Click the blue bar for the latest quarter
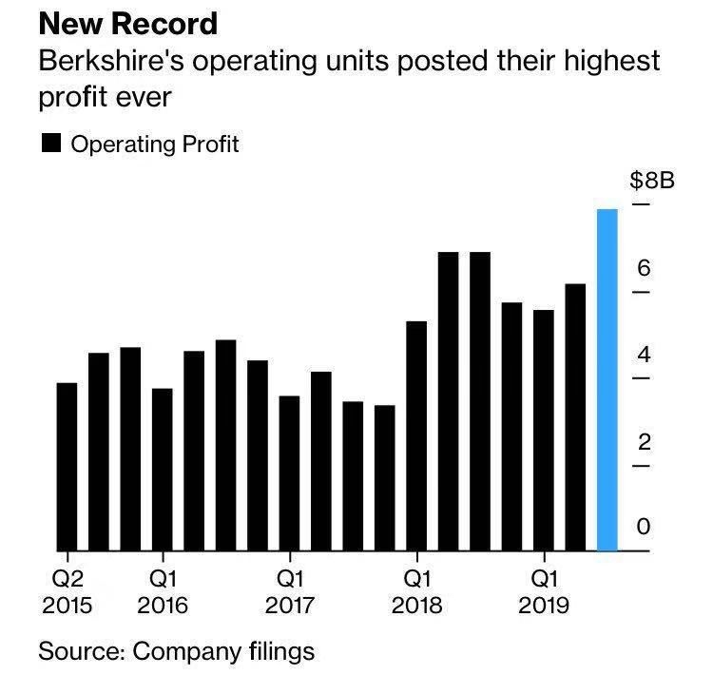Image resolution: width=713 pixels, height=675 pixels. (607, 380)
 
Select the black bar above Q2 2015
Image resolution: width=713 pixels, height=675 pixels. (67, 466)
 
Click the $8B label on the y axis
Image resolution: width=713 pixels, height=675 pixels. (652, 181)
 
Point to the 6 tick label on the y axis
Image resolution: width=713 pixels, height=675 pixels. (644, 268)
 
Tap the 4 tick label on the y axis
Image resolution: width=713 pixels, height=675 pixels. (644, 356)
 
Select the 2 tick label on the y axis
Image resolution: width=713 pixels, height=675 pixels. (644, 442)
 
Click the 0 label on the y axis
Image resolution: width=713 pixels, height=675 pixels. (644, 526)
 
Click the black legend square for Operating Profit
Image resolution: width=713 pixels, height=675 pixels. (51, 145)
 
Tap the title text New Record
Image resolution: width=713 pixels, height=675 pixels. (127, 23)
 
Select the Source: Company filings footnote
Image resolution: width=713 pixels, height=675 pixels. (176, 651)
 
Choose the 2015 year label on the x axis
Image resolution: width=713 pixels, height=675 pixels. (67, 606)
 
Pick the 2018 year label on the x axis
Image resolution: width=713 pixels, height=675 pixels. (416, 606)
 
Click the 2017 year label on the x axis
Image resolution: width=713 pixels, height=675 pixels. (290, 606)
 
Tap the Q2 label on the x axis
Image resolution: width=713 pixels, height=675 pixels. (67, 577)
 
